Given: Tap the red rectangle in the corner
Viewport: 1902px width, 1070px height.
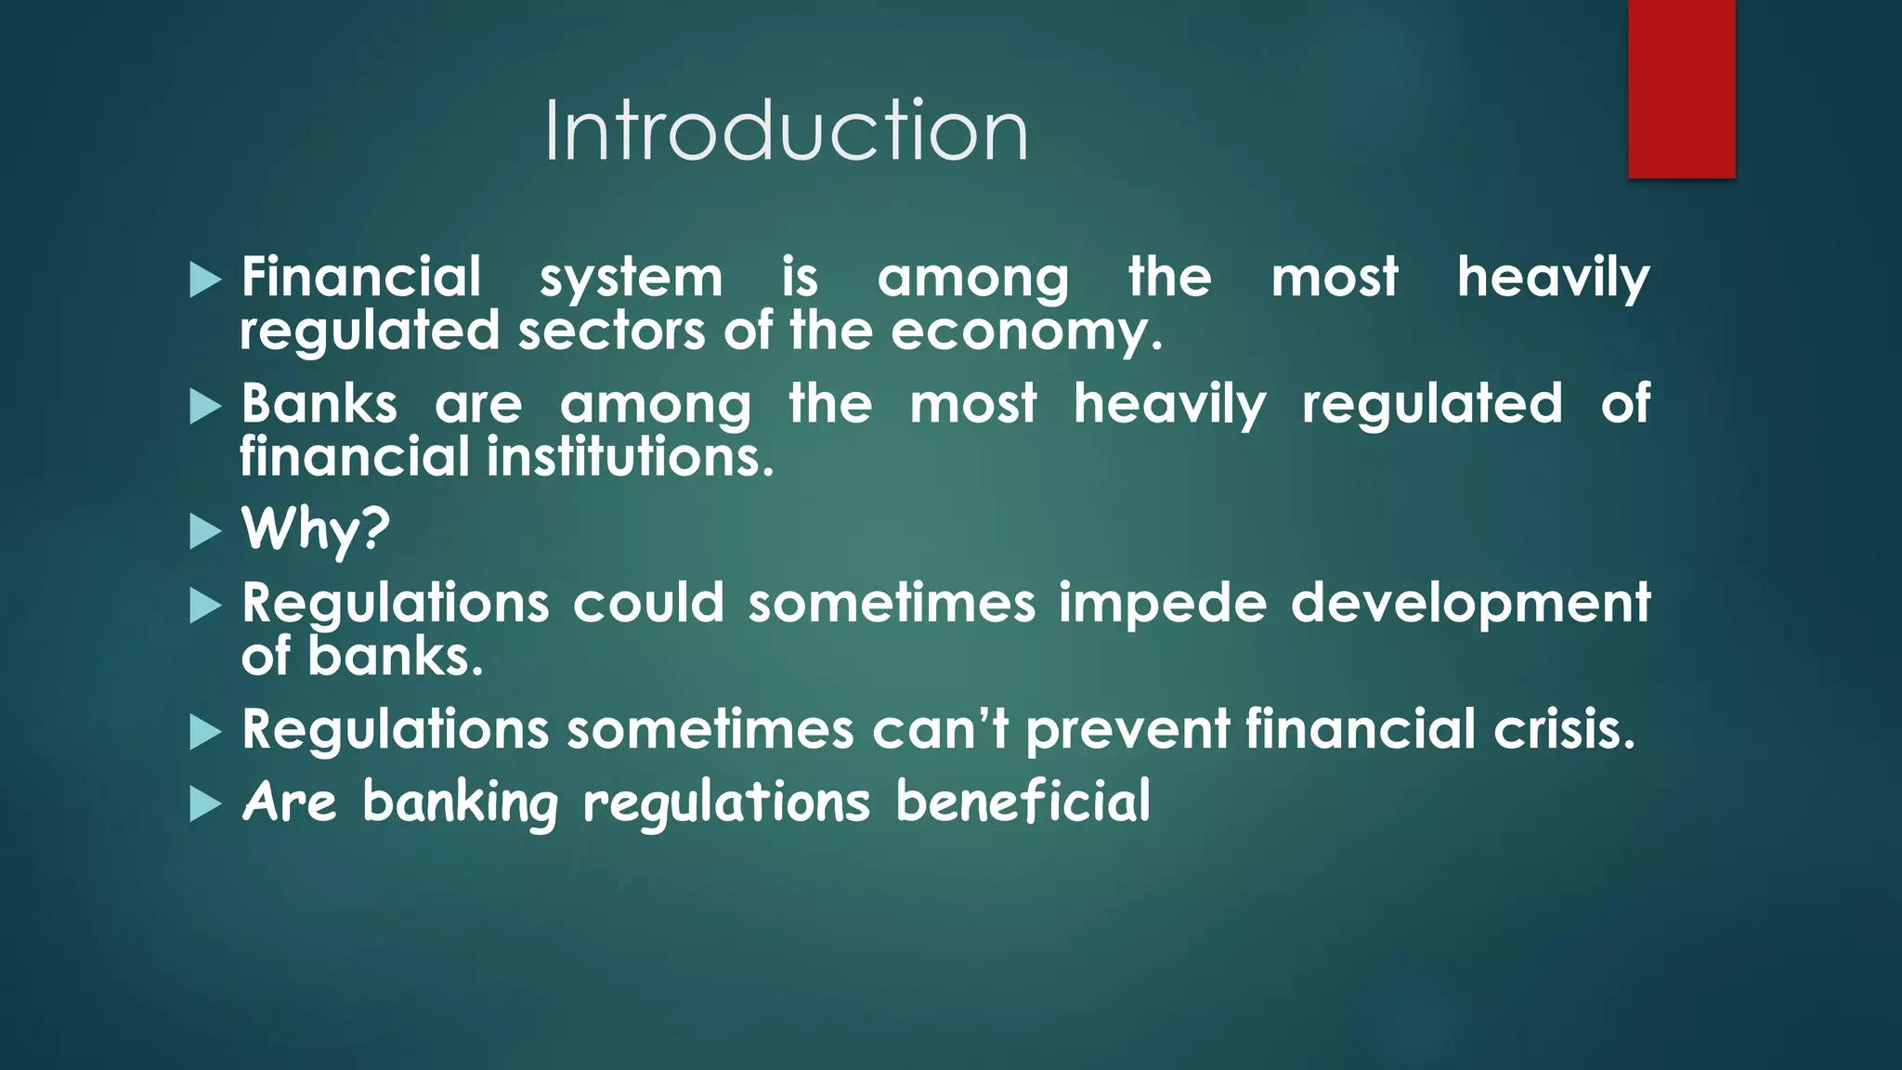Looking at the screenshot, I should coord(1681,88).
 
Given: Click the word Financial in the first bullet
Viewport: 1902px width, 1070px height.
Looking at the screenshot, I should coord(361,277).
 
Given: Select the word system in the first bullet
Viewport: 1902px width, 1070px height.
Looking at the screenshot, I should coord(631,279).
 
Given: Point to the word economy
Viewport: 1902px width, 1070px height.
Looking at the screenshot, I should coord(1025,332).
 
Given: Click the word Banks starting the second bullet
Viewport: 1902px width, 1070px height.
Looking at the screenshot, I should coord(319,404).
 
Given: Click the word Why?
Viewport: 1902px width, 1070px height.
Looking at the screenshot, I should coord(316,529).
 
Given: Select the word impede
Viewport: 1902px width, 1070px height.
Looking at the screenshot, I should coord(1163,604).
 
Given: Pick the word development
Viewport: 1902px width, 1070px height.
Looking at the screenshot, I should coord(1470,604).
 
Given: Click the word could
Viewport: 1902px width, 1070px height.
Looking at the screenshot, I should coord(648,603).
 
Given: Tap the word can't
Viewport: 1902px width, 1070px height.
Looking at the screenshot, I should coord(940,729).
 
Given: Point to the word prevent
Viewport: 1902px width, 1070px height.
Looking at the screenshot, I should coord(1127,731).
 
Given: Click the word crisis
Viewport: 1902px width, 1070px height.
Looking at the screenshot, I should coord(1563,729).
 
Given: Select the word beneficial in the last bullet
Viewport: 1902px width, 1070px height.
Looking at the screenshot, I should coord(1023,802).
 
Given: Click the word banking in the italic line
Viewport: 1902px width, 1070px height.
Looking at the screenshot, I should coord(461,803).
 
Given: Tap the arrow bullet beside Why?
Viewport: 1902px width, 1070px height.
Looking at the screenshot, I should coord(205,532).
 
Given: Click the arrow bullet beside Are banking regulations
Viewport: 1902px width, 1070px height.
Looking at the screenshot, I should coord(205,804).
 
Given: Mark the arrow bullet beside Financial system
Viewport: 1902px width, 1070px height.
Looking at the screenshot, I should coord(205,280).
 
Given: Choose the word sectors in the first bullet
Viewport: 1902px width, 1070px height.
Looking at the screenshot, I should coord(611,332).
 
